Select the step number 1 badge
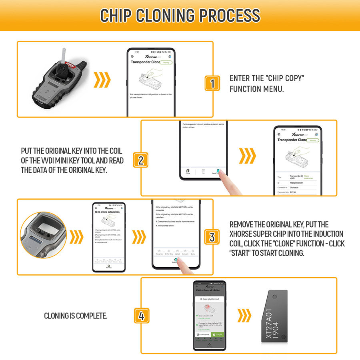point(212,83)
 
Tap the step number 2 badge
point(140,160)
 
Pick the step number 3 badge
point(212,237)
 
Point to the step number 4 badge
point(140,316)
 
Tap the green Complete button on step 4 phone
point(218,334)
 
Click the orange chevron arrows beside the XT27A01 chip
point(244,316)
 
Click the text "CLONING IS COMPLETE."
point(75,316)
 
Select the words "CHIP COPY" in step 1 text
point(285,78)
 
